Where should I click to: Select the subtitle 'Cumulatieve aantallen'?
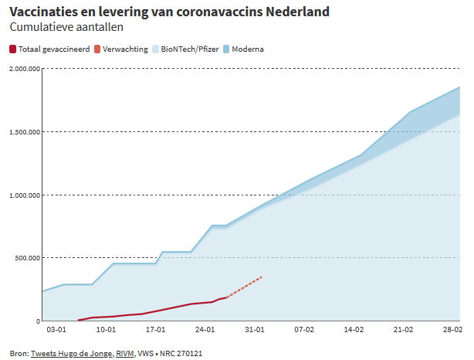click(x=66, y=27)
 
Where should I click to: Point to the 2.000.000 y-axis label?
click(x=25, y=69)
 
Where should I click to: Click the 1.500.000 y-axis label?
click(x=25, y=132)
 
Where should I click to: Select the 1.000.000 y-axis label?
click(x=25, y=195)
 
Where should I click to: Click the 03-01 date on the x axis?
click(x=56, y=330)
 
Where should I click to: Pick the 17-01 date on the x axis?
click(x=155, y=330)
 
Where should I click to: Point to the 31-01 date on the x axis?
click(x=255, y=330)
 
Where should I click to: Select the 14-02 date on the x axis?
click(x=354, y=330)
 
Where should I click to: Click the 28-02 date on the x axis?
click(x=452, y=330)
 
